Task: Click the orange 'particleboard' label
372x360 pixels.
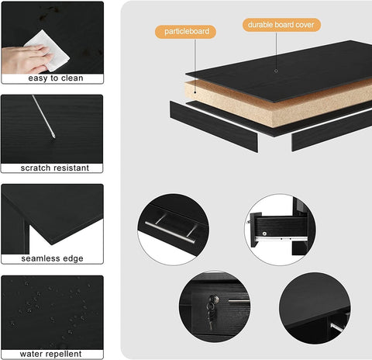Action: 185,32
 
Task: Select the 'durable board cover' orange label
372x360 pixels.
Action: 281,25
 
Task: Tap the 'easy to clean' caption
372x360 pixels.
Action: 56,78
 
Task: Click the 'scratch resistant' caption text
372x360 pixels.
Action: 55,168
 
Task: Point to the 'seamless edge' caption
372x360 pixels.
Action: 52,258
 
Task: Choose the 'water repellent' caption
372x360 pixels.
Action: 50,354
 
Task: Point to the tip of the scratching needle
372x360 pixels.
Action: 54,137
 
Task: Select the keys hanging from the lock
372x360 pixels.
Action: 210,318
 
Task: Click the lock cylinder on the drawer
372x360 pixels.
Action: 214,299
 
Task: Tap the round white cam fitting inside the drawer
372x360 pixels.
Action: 264,234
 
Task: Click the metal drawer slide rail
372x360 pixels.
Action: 281,238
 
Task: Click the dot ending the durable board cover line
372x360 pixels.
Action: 276,71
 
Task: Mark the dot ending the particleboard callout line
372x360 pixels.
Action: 195,92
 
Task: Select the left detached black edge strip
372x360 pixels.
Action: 214,126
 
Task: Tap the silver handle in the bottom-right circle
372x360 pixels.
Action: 337,327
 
